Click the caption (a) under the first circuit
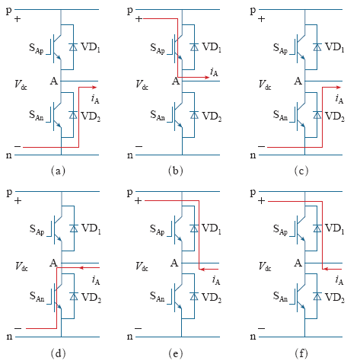pyautogui.click(x=58, y=171)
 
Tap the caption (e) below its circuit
pyautogui.click(x=176, y=353)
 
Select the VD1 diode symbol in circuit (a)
pyautogui.click(x=73, y=47)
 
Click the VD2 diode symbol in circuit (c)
pyautogui.click(x=317, y=115)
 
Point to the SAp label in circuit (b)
pyautogui.click(x=158, y=48)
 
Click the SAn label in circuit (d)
pyautogui.click(x=37, y=296)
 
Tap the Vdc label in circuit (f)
pyautogui.click(x=265, y=267)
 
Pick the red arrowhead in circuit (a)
pyautogui.click(x=94, y=88)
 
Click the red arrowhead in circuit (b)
pyautogui.click(x=207, y=77)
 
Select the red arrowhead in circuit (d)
pyautogui.click(x=82, y=267)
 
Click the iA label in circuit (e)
pyautogui.click(x=216, y=280)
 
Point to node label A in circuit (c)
pyautogui.click(x=298, y=81)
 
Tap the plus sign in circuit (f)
pyautogui.click(x=262, y=201)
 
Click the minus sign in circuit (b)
pyautogui.click(x=139, y=146)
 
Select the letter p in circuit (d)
pyautogui.click(x=9, y=193)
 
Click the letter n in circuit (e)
pyautogui.click(x=129, y=337)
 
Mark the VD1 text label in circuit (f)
pyautogui.click(x=334, y=228)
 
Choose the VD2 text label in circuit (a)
pyautogui.click(x=91, y=117)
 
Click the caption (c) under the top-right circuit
pyautogui.click(x=301, y=171)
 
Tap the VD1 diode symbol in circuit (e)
pyautogui.click(x=194, y=228)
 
